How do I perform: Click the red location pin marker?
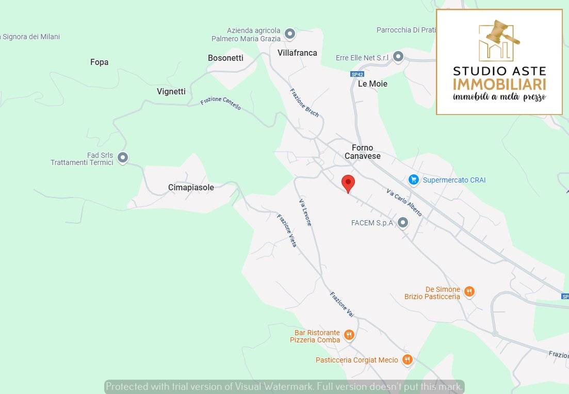point(348,183)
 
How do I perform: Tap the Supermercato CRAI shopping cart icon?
point(413,179)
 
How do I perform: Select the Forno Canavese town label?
point(362,152)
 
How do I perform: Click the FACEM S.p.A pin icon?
point(403,223)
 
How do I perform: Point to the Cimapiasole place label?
point(191,188)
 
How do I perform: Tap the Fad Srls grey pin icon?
point(122,157)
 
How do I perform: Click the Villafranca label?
point(297,53)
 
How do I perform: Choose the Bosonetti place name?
point(225,58)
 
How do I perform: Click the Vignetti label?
point(171,92)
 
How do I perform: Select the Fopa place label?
point(99,62)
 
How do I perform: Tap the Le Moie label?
point(372,84)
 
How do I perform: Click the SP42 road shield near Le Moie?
point(357,74)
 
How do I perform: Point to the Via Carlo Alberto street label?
point(404,202)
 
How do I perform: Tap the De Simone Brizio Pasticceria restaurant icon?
point(469,292)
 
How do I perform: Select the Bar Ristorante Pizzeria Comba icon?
point(349,336)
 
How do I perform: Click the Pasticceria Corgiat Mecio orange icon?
point(408,360)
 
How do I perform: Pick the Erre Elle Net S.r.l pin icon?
point(398,57)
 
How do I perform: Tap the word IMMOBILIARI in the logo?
point(499,85)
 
